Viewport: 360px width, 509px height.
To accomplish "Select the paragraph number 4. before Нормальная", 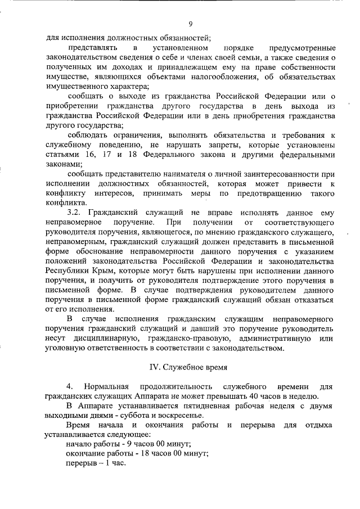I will point(70,386).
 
